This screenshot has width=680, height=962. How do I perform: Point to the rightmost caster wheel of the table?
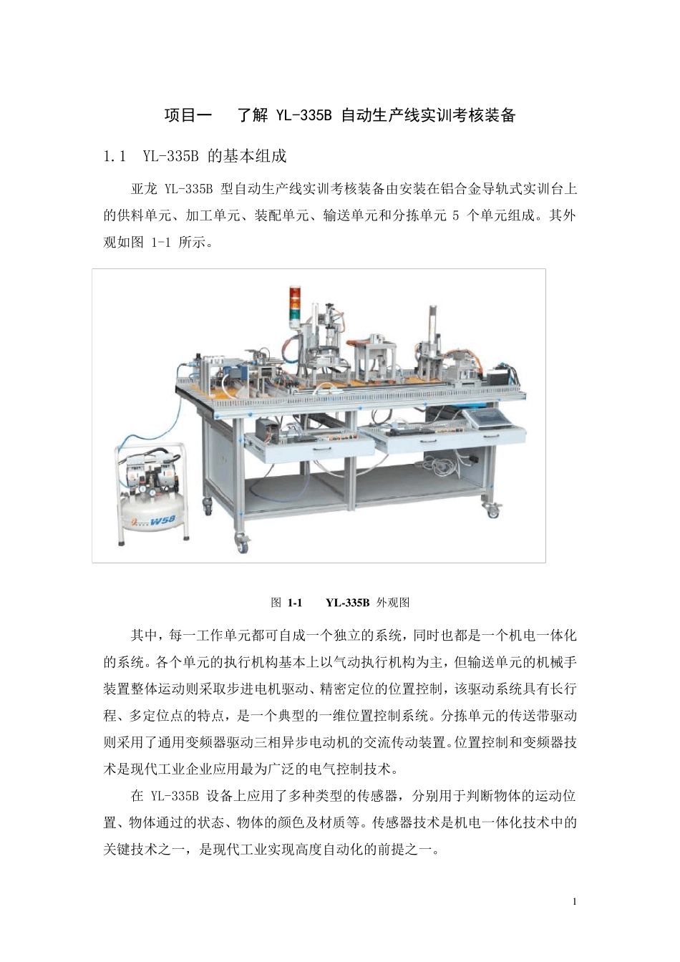492,511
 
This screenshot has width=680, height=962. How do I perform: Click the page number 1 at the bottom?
575,901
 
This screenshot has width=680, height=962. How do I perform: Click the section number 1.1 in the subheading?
115,156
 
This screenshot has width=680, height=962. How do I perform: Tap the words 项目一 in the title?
188,115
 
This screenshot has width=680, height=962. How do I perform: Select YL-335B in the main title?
303,115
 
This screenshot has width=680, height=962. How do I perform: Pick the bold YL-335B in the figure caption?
347,603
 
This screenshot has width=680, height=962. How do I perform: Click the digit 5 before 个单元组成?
456,215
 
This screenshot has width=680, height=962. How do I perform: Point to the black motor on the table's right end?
499,376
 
